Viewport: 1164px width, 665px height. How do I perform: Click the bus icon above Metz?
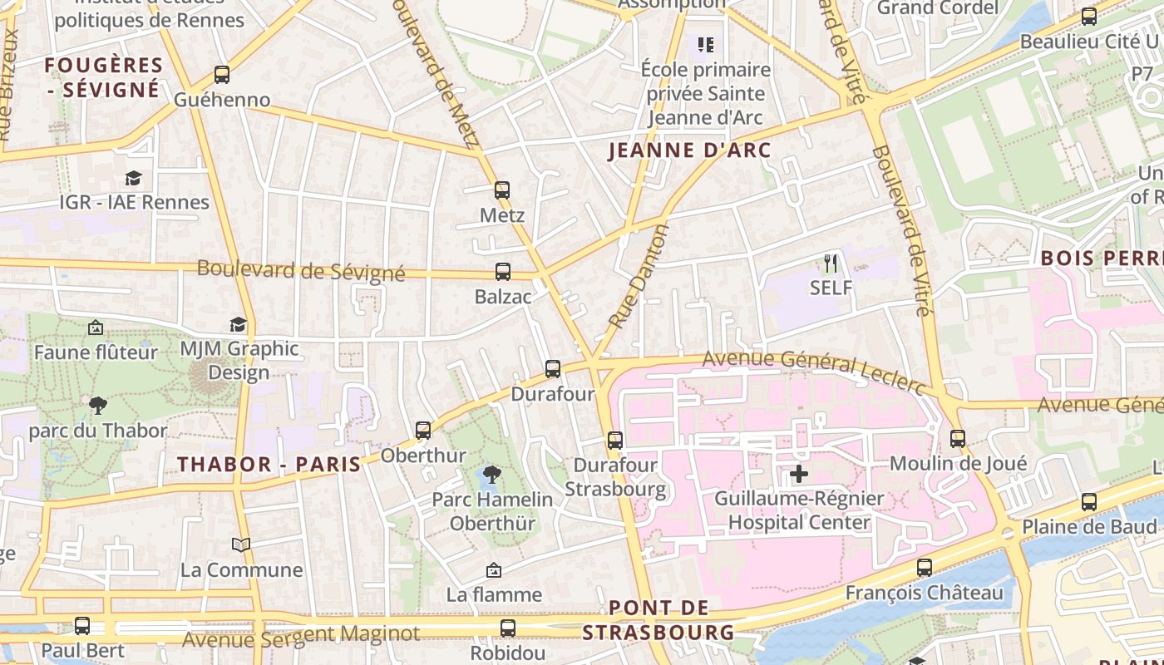tap(502, 190)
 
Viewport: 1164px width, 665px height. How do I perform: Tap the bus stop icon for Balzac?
tap(503, 271)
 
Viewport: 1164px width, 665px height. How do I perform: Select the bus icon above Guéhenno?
tap(222, 74)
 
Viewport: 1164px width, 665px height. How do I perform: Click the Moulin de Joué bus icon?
tap(958, 437)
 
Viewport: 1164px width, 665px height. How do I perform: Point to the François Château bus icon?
tap(925, 568)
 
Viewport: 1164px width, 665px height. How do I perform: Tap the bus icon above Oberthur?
tap(423, 430)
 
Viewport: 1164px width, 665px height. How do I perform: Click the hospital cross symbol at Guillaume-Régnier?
tap(799, 474)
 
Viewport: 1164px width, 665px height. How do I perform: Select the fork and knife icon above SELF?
tap(831, 264)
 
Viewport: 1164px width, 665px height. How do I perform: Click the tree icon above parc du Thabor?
tap(98, 406)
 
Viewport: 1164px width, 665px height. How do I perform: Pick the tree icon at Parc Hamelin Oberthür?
tap(492, 475)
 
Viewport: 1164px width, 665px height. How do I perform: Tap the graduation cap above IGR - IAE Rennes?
tap(133, 178)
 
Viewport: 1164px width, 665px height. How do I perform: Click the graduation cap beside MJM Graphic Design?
tap(239, 324)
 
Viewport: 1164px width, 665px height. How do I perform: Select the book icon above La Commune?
tap(241, 544)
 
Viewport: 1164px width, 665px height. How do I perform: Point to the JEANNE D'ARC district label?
tap(690, 150)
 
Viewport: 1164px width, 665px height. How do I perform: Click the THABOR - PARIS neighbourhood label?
tap(269, 464)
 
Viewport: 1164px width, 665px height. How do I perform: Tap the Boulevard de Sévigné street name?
tap(301, 270)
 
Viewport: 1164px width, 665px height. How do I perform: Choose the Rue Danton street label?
tap(639, 275)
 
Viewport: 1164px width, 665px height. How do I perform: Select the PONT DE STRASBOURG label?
tap(658, 620)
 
